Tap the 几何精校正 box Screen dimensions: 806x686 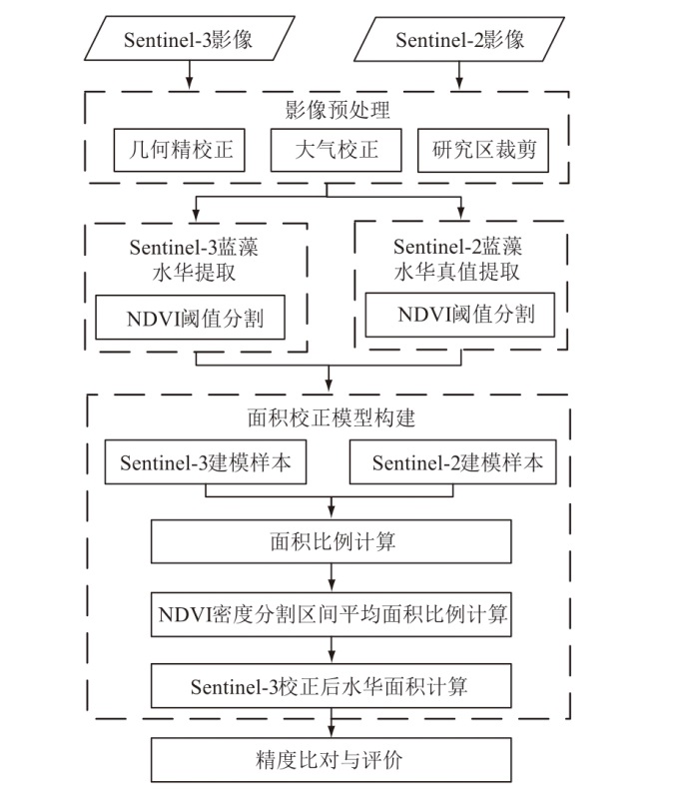[180, 151]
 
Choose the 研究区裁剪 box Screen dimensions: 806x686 [483, 151]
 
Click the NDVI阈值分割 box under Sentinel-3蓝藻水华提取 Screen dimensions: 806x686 [191, 321]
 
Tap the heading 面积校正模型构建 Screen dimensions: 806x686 [331, 418]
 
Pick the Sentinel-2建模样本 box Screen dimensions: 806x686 [450, 464]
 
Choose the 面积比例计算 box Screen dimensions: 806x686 [331, 542]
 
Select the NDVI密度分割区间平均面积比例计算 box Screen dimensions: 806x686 [331, 615]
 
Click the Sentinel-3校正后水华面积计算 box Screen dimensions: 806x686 [331, 686]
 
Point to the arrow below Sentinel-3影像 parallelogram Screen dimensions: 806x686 [189, 77]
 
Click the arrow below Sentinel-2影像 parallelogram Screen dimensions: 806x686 [459, 77]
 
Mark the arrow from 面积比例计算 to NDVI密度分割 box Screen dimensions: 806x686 [331, 578]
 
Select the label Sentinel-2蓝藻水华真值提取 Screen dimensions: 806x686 [458, 258]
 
